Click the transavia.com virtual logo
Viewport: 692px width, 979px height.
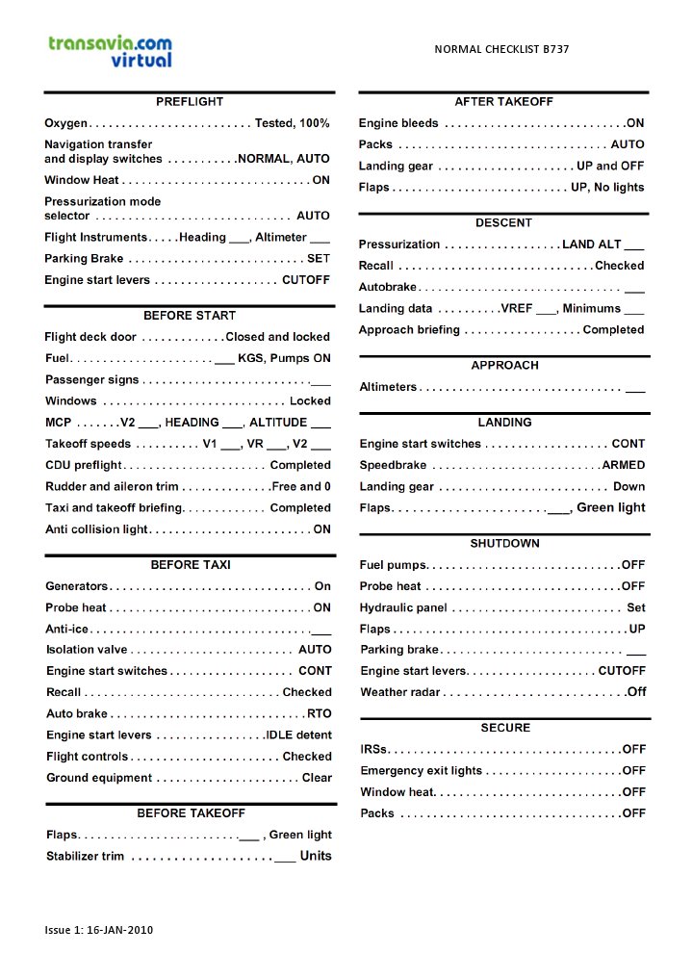point(110,50)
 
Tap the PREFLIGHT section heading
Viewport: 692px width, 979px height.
point(190,102)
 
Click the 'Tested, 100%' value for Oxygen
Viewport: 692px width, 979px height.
point(292,123)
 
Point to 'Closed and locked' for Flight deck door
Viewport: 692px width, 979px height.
point(277,337)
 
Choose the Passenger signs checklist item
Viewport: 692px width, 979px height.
point(91,380)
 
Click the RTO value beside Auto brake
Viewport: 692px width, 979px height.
point(319,714)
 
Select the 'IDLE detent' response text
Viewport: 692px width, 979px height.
point(298,735)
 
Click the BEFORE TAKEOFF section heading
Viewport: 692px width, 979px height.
point(191,813)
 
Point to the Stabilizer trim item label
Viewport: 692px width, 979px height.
point(85,856)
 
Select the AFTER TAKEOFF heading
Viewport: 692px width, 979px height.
point(503,102)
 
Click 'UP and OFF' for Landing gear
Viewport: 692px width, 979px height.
point(610,166)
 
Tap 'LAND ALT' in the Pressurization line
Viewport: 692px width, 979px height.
point(591,245)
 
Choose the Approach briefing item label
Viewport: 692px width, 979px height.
point(409,330)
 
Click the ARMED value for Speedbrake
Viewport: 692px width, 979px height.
point(624,465)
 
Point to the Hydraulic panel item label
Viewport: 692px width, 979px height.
point(403,608)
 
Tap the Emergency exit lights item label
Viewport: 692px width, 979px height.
point(421,771)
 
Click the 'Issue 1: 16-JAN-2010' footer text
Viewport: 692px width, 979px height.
point(99,930)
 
